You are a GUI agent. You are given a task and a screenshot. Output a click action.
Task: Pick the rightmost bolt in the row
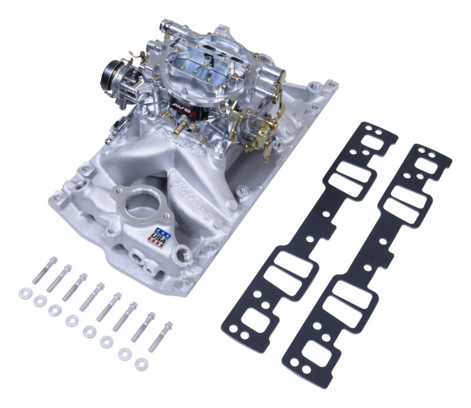160,336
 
